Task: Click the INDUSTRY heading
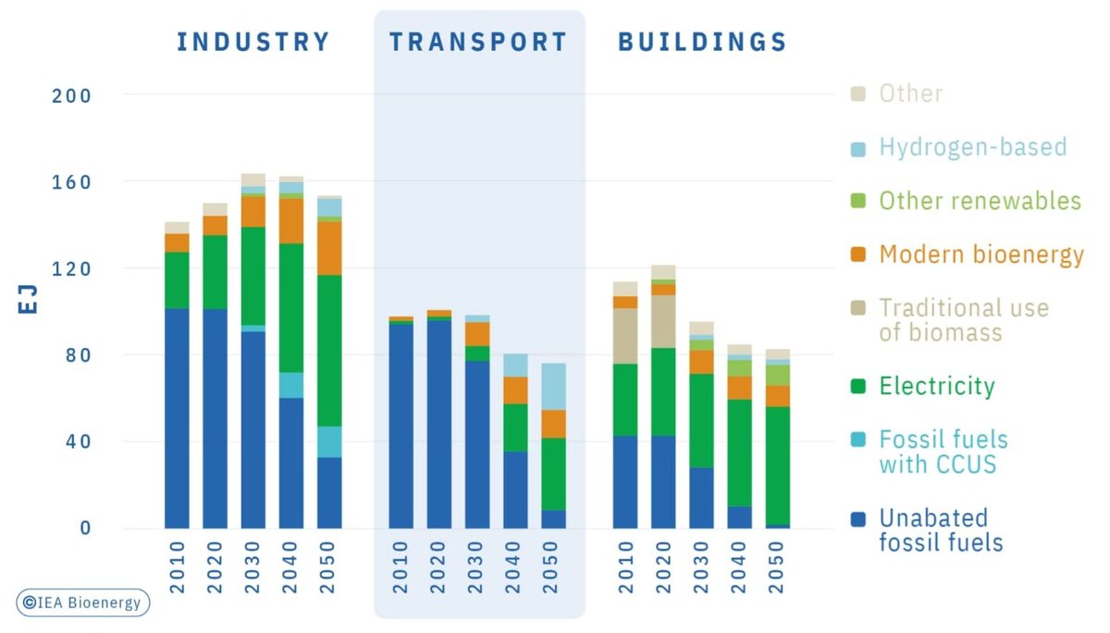tap(253, 42)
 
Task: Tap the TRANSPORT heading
tap(477, 42)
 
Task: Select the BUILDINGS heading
tap(702, 42)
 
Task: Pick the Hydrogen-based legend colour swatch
tap(857, 148)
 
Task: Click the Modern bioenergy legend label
tap(980, 254)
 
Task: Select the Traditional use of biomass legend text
tap(963, 319)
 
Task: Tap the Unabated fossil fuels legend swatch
tap(857, 519)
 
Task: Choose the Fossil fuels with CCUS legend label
tap(943, 451)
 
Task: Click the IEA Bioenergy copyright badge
tap(82, 602)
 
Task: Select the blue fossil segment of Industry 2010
tap(177, 416)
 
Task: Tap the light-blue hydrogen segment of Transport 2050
tap(553, 386)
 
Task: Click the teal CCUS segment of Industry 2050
tap(328, 441)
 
